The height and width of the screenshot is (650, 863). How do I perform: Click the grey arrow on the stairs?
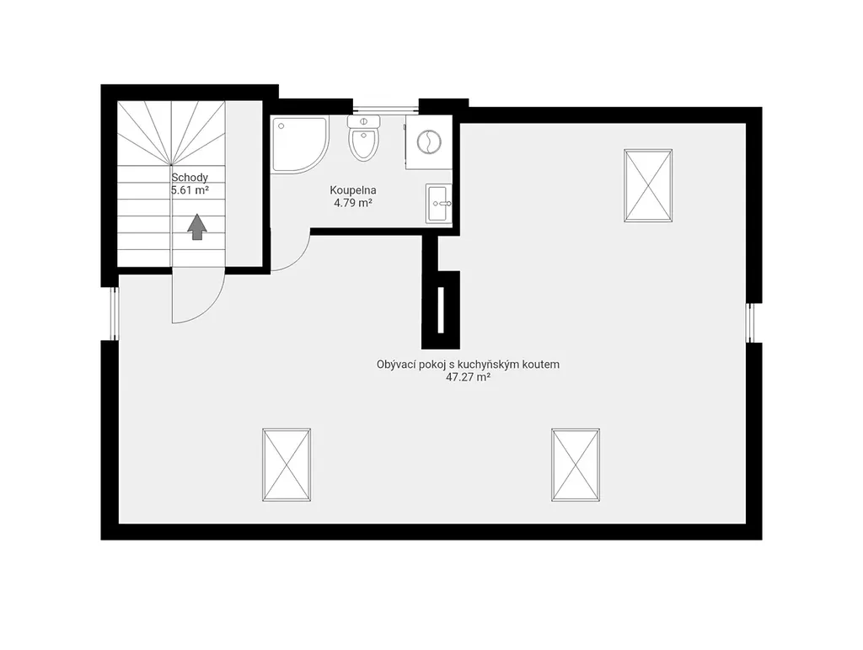click(x=197, y=227)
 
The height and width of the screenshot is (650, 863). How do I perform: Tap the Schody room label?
click(x=190, y=178)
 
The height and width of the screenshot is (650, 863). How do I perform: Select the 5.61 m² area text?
click(x=190, y=190)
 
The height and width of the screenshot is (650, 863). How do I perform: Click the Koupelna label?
click(x=353, y=190)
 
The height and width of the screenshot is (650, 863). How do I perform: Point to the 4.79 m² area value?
click(x=353, y=203)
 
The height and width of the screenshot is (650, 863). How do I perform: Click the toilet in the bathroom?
click(x=364, y=138)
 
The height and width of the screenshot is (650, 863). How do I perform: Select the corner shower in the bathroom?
click(x=300, y=145)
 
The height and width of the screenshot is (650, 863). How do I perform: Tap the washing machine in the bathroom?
click(x=429, y=142)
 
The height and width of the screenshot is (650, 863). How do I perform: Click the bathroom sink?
click(x=438, y=204)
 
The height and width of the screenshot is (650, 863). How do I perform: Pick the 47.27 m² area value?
click(x=469, y=377)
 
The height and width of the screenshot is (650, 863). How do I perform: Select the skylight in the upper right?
click(x=648, y=186)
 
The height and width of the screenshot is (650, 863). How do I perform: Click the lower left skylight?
click(x=287, y=465)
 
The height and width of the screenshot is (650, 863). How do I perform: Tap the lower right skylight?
click(x=576, y=465)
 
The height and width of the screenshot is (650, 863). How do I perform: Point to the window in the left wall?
click(x=115, y=313)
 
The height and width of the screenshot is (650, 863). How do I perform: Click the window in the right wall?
click(x=751, y=322)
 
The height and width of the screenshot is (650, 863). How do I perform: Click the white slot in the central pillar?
click(x=440, y=310)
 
